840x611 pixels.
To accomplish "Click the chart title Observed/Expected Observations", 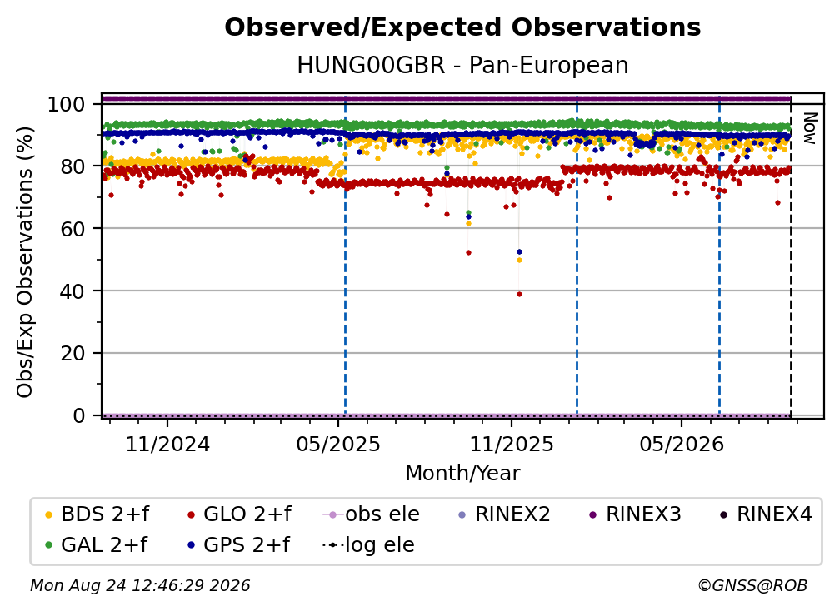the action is click(x=462, y=27).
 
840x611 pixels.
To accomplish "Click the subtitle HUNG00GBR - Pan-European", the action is click(x=462, y=65).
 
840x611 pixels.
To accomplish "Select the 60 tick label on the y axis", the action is click(x=72, y=228).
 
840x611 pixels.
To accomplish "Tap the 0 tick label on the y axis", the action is click(x=79, y=415).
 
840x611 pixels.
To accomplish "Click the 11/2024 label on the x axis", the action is click(x=167, y=444).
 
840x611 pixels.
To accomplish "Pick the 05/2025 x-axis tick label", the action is click(x=338, y=444).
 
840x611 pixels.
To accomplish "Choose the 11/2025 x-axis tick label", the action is click(x=512, y=444).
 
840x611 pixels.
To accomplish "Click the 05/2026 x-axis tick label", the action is click(x=682, y=444).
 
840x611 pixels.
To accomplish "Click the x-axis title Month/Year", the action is click(x=462, y=473).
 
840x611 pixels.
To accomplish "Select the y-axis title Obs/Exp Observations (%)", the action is click(x=25, y=262).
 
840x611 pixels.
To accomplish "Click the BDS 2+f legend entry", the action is click(x=97, y=514).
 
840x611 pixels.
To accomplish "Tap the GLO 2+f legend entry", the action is click(x=239, y=514).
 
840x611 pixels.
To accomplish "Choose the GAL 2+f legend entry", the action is click(x=97, y=544).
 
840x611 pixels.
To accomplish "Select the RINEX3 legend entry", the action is click(x=635, y=514).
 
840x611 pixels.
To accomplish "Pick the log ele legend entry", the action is click(x=368, y=544).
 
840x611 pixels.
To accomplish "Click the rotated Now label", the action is click(x=808, y=128).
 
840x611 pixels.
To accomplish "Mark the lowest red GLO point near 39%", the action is click(x=519, y=295).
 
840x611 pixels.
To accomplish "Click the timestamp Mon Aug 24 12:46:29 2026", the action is click(x=140, y=585).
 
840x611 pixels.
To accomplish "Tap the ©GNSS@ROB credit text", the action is click(x=752, y=585).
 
